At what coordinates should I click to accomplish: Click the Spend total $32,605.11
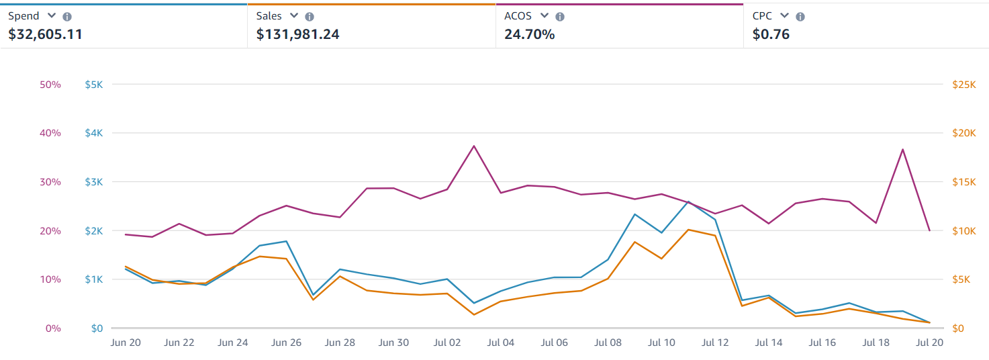(45, 34)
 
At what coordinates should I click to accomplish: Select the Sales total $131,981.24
(297, 34)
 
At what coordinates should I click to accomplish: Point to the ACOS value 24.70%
(529, 34)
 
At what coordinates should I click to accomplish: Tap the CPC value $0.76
(771, 34)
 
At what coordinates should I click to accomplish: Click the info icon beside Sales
(309, 17)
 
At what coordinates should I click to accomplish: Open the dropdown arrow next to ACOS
(545, 15)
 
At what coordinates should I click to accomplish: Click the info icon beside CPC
(800, 17)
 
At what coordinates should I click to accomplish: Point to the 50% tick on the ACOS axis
(50, 85)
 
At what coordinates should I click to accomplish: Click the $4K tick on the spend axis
(93, 133)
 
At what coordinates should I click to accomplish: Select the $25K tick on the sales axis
(963, 85)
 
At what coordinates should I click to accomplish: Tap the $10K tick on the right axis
(963, 231)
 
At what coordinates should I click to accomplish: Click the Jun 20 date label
(125, 343)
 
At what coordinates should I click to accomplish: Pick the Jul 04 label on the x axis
(500, 343)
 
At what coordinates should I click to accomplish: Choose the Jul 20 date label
(929, 343)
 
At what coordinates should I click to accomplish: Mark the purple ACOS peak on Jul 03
(474, 146)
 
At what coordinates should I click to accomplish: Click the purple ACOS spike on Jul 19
(903, 149)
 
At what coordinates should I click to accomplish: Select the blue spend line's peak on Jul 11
(688, 201)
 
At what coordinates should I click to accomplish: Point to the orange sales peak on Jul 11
(688, 230)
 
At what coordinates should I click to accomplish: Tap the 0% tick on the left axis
(53, 328)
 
